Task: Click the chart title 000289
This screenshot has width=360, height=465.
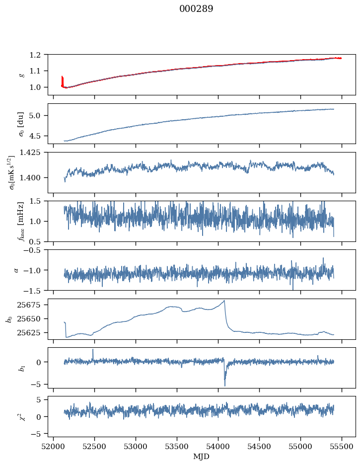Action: [x=196, y=9]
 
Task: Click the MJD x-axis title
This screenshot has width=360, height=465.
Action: [x=202, y=456]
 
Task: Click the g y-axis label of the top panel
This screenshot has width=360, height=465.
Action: [x=21, y=75]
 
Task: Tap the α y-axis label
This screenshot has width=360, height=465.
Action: [x=17, y=270]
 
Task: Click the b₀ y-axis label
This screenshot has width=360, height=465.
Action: [x=9, y=318]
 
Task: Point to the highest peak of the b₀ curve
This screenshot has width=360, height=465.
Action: [x=224, y=301]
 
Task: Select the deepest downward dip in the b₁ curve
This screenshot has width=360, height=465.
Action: [x=225, y=385]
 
